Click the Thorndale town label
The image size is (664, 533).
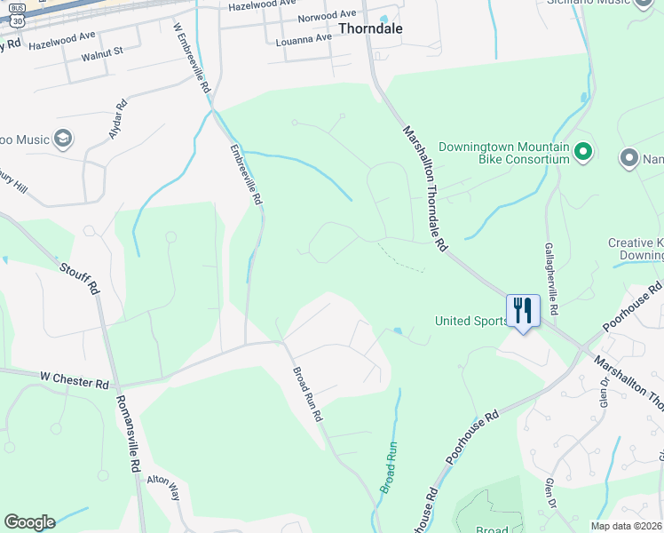[370, 28]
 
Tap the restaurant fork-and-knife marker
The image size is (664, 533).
[523, 311]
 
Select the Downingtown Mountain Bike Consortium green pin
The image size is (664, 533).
[583, 152]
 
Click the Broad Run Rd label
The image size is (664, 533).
[308, 394]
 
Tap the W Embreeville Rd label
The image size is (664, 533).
[191, 59]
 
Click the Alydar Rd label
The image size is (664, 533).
[117, 117]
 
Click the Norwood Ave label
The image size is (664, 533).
[327, 17]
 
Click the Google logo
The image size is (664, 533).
[28, 522]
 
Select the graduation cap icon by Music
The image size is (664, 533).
[63, 139]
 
